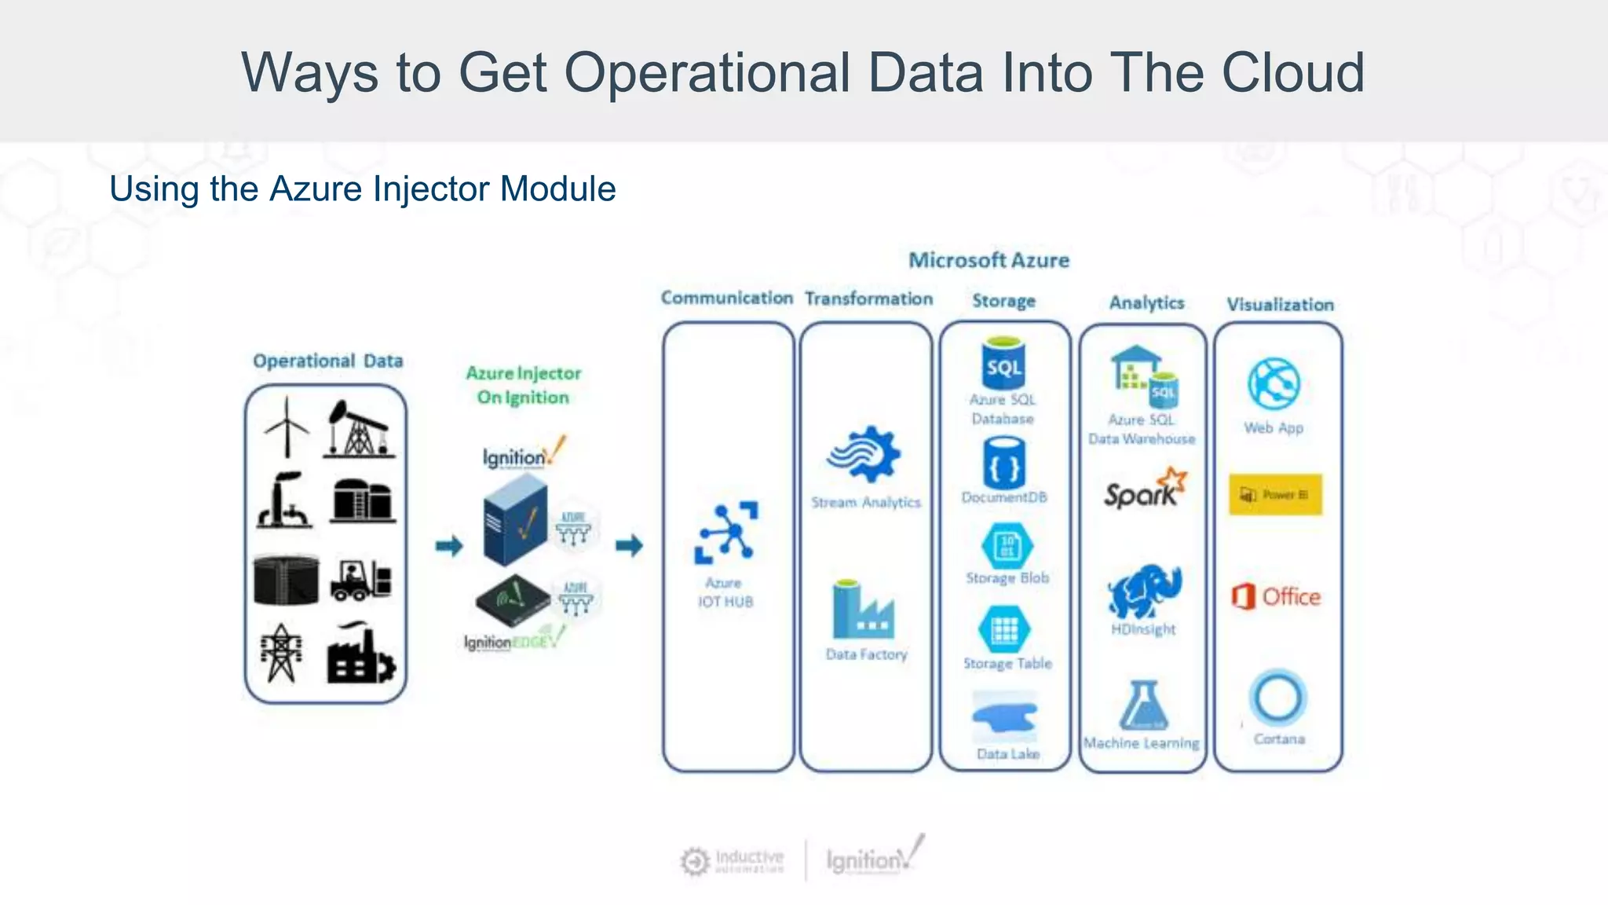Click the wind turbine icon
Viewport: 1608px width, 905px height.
287,427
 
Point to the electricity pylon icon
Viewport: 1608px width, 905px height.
281,654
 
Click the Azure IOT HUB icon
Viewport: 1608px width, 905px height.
726,533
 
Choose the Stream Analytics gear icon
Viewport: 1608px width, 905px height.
864,455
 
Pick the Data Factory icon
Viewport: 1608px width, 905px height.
863,610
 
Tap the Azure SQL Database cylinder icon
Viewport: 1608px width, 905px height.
1004,363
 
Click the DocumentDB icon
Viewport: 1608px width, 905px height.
1004,463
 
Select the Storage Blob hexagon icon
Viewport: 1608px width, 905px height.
1007,545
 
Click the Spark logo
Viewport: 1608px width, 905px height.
1145,489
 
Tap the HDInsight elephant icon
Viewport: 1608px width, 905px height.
1144,592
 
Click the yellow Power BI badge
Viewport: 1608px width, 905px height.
1275,495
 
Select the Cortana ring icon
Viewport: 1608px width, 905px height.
1278,698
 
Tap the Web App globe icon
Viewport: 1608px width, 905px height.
1274,384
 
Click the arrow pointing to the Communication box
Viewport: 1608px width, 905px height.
629,545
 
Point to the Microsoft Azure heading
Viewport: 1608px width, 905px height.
989,261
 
